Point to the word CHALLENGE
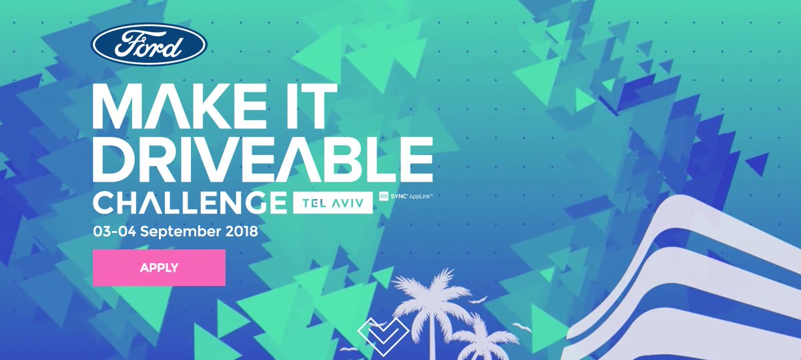pyautogui.click(x=189, y=202)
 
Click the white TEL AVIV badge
pyautogui.click(x=331, y=202)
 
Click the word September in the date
pyautogui.click(x=174, y=232)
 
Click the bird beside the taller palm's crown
pyautogui.click(x=479, y=300)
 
